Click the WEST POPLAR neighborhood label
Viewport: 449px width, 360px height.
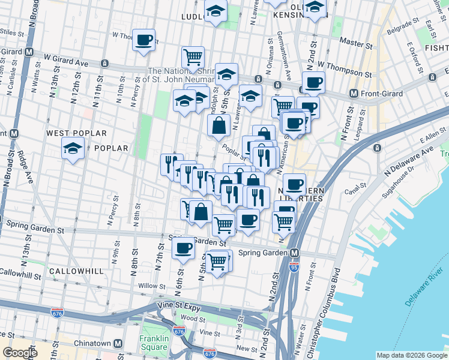click(x=76, y=133)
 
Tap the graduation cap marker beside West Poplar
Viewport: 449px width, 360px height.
click(x=73, y=148)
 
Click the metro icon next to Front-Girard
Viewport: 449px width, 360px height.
click(x=354, y=94)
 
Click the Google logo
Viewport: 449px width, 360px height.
click(x=20, y=353)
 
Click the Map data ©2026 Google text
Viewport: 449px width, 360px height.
click(x=411, y=355)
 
